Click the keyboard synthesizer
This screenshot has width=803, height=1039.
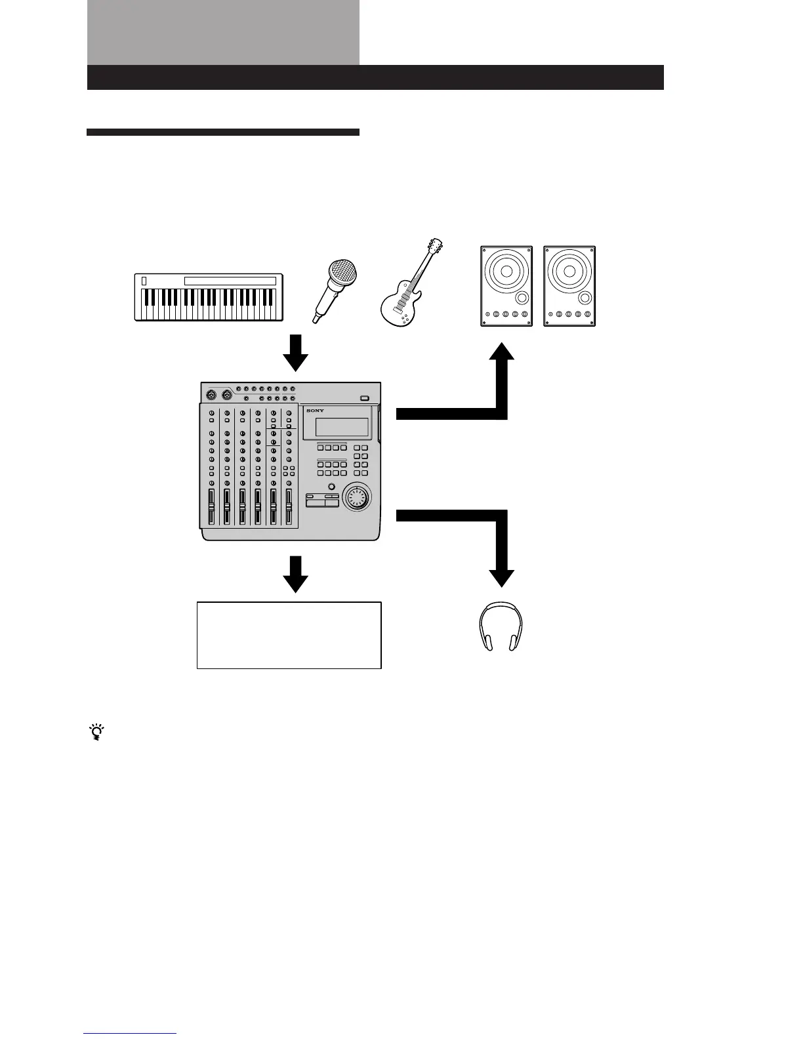[209, 297]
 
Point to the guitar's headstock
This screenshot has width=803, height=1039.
[434, 246]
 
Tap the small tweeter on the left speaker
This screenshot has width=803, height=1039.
[522, 298]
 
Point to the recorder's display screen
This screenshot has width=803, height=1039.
[341, 427]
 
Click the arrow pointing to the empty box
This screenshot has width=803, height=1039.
[295, 574]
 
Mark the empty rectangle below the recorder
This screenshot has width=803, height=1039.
[289, 635]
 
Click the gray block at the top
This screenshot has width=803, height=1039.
[223, 33]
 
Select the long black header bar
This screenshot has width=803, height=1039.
[375, 77]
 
